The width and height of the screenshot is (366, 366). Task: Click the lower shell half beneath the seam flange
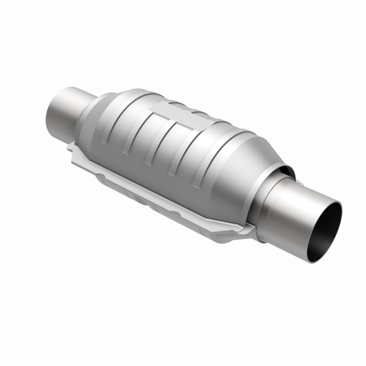(x=151, y=201)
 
